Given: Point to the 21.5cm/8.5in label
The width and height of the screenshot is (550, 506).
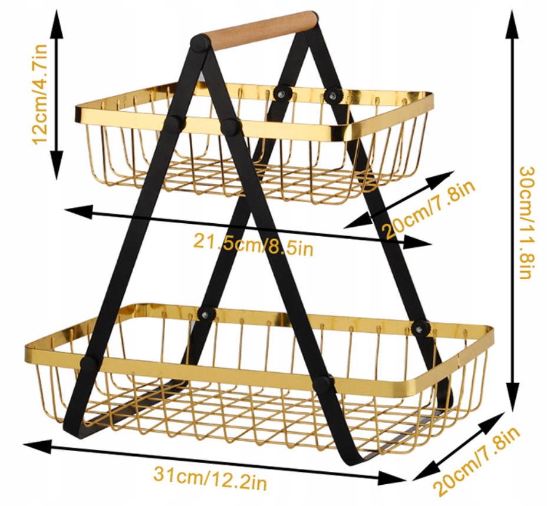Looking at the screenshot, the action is click(x=253, y=243).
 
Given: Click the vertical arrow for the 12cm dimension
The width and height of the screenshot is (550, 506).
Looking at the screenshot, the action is click(x=56, y=94).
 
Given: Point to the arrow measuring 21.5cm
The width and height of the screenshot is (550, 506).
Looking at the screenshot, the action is click(x=248, y=227).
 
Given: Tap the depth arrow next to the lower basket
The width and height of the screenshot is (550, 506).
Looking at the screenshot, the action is click(x=458, y=445).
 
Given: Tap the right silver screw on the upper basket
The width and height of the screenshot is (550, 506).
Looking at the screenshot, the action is click(x=332, y=94).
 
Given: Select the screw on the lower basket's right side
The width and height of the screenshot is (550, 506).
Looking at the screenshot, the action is click(x=421, y=328).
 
